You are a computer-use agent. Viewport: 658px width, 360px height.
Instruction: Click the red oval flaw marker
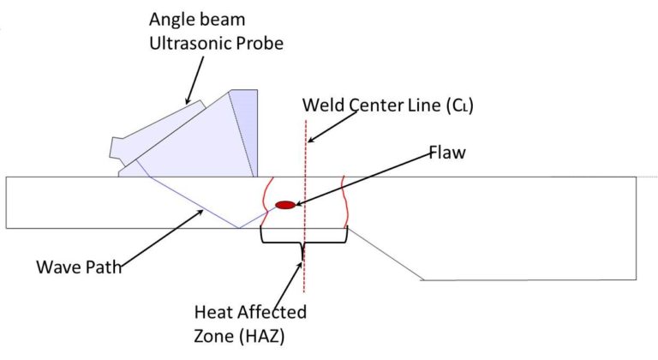285,204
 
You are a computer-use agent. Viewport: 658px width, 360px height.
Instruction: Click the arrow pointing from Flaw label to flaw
368,181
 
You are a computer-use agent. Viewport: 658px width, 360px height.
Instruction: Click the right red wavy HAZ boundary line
344,201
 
